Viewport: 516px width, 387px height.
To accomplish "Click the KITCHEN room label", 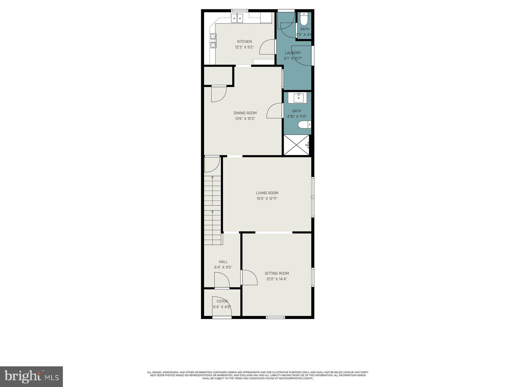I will tap(244, 42).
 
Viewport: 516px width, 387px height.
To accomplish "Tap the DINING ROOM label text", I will tap(245, 113).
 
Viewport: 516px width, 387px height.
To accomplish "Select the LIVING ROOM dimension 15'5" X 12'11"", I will tap(267, 199).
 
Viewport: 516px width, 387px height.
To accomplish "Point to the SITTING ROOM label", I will tap(277, 273).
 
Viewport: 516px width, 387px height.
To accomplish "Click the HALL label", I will tap(223, 262).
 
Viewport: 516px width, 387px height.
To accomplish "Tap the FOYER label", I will tap(222, 302).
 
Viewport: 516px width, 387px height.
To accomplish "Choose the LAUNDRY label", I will tap(293, 53).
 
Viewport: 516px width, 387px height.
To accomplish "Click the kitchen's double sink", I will tap(238, 18).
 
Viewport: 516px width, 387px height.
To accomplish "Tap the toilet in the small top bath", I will tap(304, 20).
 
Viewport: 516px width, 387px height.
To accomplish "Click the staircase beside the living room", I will tap(213, 210).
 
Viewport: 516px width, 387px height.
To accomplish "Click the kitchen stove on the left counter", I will tap(213, 41).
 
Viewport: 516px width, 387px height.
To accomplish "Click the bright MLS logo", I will tap(32, 376).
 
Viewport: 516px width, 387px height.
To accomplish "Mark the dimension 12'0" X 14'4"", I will tap(277, 279).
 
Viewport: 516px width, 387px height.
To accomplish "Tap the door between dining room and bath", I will tap(275, 111).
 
